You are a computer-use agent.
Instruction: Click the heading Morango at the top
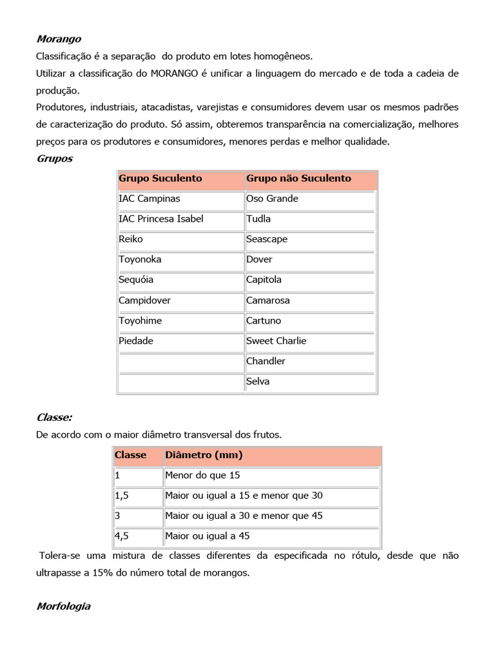(59, 39)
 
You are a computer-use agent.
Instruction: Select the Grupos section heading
(55, 159)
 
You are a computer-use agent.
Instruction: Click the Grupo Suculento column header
(160, 179)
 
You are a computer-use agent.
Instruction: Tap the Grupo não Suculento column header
(298, 179)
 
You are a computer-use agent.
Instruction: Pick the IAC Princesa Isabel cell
(161, 219)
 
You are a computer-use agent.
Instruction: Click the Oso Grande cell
(272, 199)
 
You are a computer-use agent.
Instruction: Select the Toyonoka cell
(140, 260)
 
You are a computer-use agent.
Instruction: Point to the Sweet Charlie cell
(276, 341)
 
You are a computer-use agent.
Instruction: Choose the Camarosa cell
(268, 300)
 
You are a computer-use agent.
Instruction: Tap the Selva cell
(258, 382)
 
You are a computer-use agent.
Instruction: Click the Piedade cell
(136, 341)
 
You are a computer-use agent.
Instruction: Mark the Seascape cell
(267, 239)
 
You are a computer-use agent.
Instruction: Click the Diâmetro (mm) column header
(204, 455)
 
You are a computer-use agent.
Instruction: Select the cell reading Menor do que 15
(202, 476)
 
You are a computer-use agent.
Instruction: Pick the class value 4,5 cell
(123, 536)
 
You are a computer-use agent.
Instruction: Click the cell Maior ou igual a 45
(207, 536)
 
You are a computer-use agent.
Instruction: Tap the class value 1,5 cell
(123, 496)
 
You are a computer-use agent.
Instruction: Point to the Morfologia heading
(64, 607)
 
